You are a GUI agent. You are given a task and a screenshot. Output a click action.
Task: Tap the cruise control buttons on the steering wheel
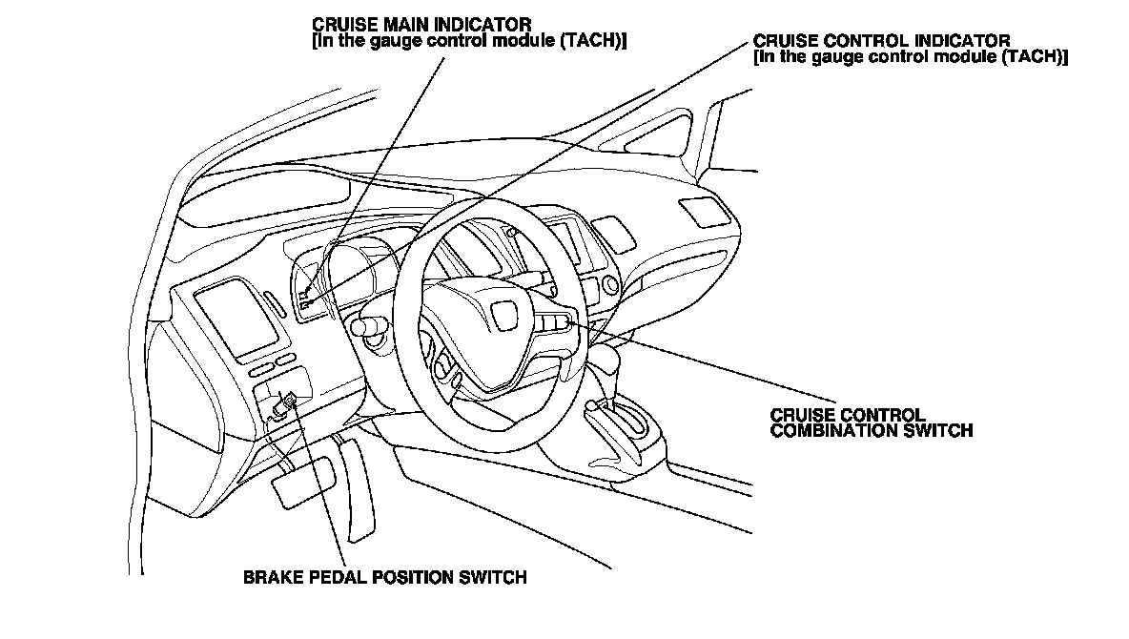click(x=555, y=324)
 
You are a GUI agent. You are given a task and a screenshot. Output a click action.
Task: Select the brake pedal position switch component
click(x=284, y=404)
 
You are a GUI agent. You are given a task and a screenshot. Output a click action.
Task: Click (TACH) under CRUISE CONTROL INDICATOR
click(x=1036, y=56)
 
